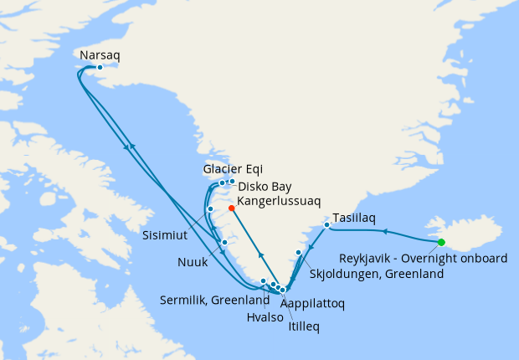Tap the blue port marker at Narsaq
pyautogui.click(x=100, y=67)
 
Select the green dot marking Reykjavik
pyautogui.click(x=441, y=243)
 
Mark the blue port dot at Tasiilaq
pyautogui.click(x=326, y=224)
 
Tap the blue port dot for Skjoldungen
pyautogui.click(x=298, y=252)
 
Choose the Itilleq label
pyautogui.click(x=304, y=317)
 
